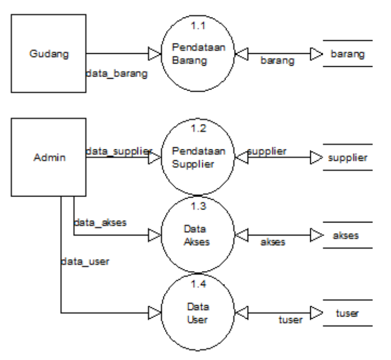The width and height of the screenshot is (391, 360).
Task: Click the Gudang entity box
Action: [50, 53]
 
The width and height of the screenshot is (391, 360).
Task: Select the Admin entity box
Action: [50, 157]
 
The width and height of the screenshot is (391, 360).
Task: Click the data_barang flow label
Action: [116, 73]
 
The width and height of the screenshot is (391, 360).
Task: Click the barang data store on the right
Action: [346, 53]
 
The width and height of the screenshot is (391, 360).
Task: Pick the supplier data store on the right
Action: [347, 157]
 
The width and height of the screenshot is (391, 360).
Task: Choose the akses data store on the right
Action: [347, 235]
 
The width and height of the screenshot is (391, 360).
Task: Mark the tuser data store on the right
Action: [347, 313]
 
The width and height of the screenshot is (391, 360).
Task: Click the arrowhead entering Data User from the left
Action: [154, 313]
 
